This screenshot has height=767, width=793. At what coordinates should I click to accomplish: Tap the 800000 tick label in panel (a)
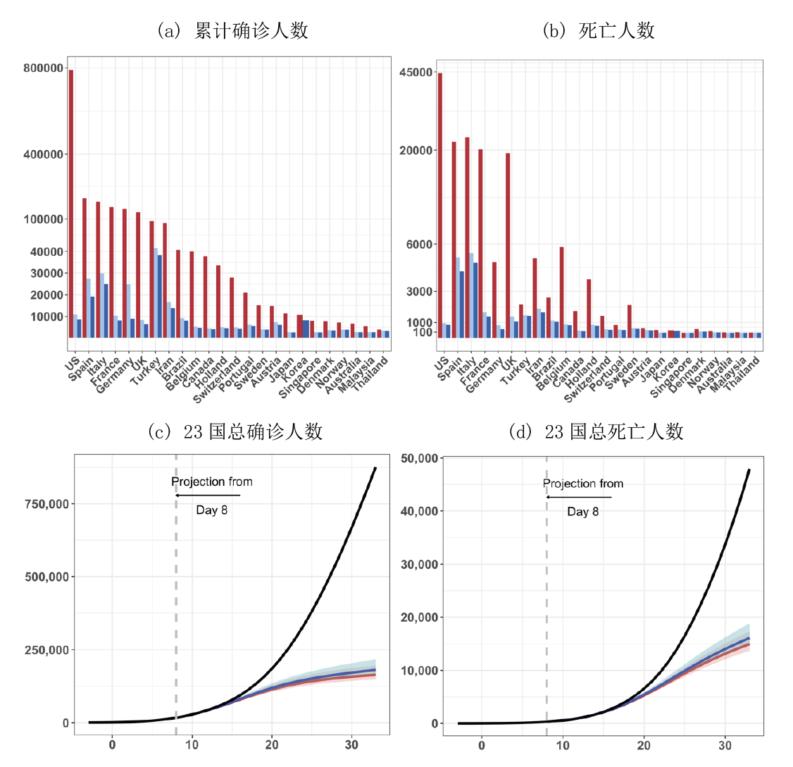click(43, 68)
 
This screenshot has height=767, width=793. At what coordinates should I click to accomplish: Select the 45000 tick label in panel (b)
click(416, 73)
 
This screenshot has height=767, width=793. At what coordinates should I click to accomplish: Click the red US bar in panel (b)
click(440, 204)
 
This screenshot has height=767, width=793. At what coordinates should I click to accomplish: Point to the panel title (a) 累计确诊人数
click(233, 30)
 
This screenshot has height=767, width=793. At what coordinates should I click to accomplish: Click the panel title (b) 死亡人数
click(599, 30)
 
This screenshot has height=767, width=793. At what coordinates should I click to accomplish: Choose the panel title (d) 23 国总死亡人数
click(596, 431)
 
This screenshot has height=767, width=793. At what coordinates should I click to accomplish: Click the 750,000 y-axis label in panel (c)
click(46, 504)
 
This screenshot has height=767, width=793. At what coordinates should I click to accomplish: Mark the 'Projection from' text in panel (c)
click(212, 482)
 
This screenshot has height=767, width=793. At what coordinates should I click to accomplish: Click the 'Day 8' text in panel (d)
click(583, 512)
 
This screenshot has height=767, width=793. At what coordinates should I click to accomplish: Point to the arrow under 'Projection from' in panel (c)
click(208, 496)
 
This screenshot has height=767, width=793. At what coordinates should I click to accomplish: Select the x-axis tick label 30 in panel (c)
click(352, 744)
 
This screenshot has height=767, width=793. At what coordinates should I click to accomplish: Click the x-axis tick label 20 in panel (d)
click(644, 744)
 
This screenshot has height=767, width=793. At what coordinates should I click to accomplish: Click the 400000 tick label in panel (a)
click(43, 154)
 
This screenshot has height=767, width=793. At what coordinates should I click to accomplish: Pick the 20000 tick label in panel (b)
click(416, 151)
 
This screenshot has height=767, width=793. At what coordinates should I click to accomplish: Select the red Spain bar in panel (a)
click(85, 268)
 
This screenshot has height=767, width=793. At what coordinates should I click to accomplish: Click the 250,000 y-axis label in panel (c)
click(46, 650)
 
